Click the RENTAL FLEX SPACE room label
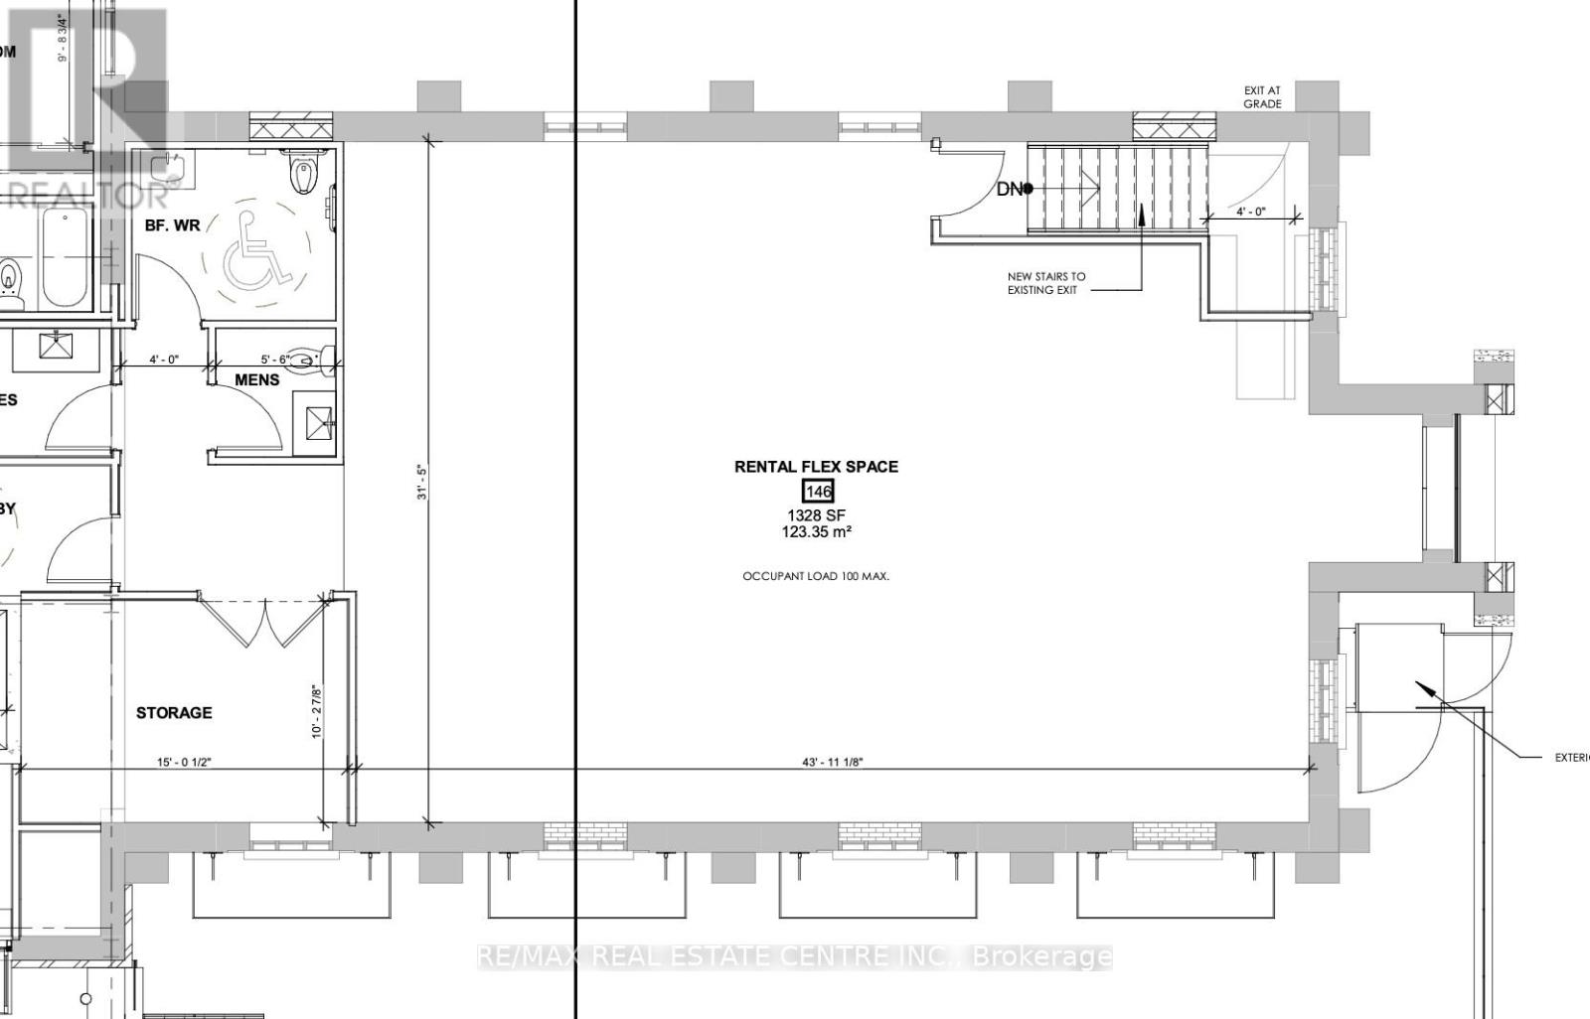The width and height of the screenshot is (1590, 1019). tap(816, 466)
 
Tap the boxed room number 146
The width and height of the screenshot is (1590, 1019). tap(817, 491)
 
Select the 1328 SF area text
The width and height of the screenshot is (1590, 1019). tap(816, 514)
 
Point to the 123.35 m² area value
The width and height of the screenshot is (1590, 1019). tap(816, 532)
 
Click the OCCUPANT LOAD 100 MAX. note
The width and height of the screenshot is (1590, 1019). tap(816, 576)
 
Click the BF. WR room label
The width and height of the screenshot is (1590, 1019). tap(173, 225)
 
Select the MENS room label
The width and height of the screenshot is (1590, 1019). tap(256, 379)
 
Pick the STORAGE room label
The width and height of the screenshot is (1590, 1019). tap(174, 712)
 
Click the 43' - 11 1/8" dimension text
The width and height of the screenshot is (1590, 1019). tap(832, 762)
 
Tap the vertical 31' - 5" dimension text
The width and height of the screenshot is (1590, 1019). tap(421, 482)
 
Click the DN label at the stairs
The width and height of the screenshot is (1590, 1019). tap(1010, 189)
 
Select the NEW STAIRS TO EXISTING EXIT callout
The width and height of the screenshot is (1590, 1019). tap(1045, 283)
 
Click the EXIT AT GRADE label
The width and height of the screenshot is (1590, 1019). tap(1262, 97)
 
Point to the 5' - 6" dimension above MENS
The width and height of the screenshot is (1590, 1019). tap(275, 360)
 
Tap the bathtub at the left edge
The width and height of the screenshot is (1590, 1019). tap(66, 259)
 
